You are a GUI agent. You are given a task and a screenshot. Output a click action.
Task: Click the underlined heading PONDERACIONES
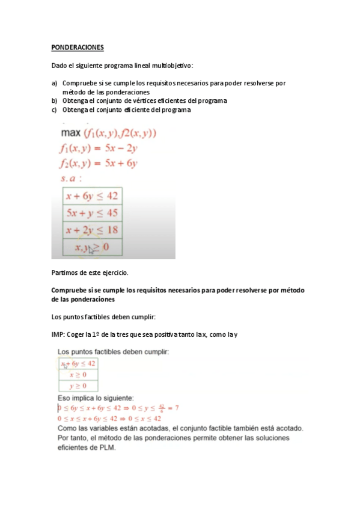78,47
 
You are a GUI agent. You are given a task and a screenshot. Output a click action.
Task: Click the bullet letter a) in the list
54,83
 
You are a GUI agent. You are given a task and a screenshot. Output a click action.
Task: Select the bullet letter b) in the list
54,100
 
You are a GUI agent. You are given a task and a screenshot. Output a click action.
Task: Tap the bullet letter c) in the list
54,109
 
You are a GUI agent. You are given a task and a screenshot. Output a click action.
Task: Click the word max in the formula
72,134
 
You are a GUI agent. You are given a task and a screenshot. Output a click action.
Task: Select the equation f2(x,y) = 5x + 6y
99,163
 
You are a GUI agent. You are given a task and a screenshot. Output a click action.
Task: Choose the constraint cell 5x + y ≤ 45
92,213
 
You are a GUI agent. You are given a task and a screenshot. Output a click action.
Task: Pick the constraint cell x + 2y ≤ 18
92,230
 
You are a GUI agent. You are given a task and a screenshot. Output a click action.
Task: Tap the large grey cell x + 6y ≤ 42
92,195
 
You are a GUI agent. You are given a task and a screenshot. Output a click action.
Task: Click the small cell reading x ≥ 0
78,374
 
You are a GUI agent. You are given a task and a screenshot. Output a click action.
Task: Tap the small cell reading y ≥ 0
78,386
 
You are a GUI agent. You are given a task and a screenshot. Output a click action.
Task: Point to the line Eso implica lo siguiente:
95,398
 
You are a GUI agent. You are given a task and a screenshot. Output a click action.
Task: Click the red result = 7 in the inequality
173,408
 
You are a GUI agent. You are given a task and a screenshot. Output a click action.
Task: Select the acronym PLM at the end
114,448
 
